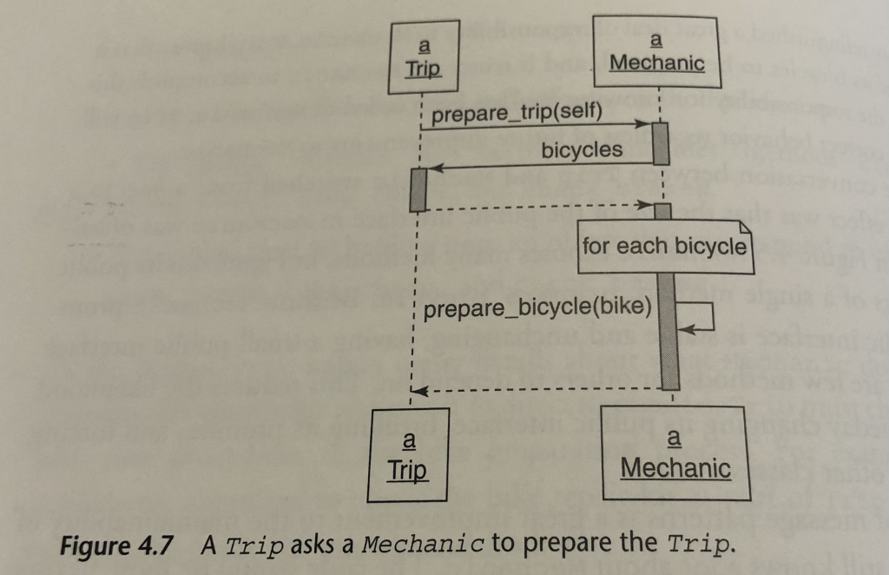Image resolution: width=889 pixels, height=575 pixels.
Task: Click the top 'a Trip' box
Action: (x=423, y=59)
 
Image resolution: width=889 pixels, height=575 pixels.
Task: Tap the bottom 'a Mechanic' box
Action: (x=675, y=454)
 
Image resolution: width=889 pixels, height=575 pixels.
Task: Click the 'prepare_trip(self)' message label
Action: (x=516, y=115)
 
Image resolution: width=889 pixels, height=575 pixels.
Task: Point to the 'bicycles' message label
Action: (x=582, y=150)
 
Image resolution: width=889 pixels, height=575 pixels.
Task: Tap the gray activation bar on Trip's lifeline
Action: (x=419, y=188)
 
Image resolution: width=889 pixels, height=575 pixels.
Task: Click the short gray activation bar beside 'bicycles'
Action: (x=660, y=143)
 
